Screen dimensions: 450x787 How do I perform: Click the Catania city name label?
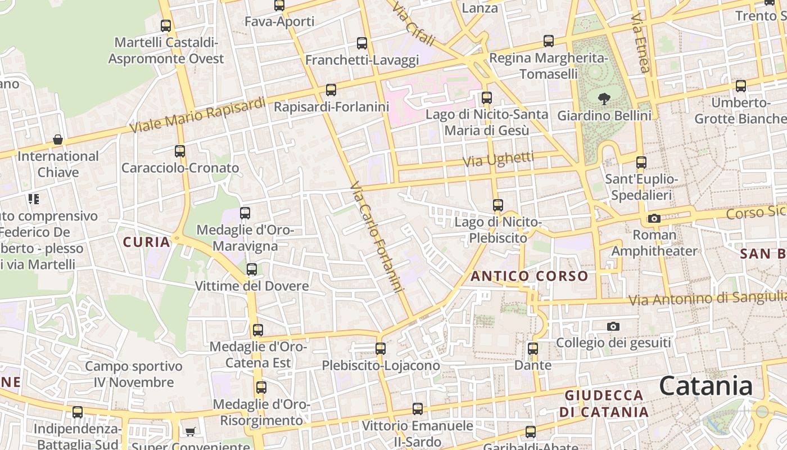pyautogui.click(x=705, y=386)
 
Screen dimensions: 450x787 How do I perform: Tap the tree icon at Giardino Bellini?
pyautogui.click(x=604, y=100)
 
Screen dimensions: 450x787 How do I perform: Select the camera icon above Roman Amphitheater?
pyautogui.click(x=654, y=218)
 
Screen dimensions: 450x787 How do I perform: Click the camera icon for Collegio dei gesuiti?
pyautogui.click(x=613, y=326)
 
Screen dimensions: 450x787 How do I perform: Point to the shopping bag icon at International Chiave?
pyautogui.click(x=57, y=139)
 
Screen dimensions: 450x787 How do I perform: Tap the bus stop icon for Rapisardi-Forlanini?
pyautogui.click(x=331, y=90)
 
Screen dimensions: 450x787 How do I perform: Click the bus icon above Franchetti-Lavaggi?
pyautogui.click(x=362, y=43)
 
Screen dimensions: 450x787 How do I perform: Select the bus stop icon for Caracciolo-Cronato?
pyautogui.click(x=180, y=151)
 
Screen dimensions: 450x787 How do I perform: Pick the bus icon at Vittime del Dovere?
pyautogui.click(x=252, y=269)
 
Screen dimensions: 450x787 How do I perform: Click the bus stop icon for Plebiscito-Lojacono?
pyautogui.click(x=381, y=349)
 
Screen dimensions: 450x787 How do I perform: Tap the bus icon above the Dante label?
pyautogui.click(x=533, y=349)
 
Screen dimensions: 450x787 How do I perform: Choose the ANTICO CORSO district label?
pyautogui.click(x=529, y=276)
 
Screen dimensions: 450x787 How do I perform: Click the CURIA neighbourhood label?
pyautogui.click(x=146, y=242)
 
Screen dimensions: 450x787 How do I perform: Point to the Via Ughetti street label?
pyautogui.click(x=498, y=159)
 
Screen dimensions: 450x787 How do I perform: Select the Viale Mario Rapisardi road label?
pyautogui.click(x=197, y=115)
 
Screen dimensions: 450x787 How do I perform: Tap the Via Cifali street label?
pyautogui.click(x=414, y=24)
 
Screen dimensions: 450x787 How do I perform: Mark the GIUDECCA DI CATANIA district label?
pyautogui.click(x=604, y=403)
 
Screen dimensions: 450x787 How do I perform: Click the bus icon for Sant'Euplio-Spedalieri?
pyautogui.click(x=641, y=163)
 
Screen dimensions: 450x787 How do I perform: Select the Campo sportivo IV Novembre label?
pyautogui.click(x=134, y=375)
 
